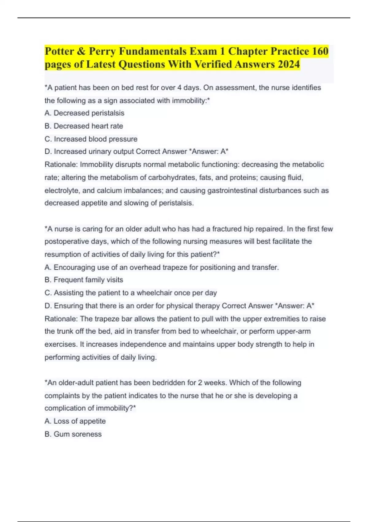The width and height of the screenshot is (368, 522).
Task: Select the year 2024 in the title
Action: (x=289, y=64)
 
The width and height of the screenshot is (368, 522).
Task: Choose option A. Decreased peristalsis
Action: (x=84, y=113)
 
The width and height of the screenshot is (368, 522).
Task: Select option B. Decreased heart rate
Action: (x=84, y=126)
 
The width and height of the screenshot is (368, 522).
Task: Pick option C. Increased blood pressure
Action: (x=91, y=139)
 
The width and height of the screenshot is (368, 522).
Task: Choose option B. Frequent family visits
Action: (x=84, y=280)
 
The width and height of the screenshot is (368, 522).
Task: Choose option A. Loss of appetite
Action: (x=75, y=421)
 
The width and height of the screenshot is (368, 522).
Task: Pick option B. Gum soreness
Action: (x=73, y=434)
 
